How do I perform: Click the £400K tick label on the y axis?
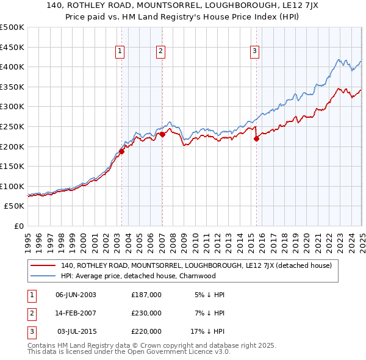click(12, 67)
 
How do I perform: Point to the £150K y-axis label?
click(12, 166)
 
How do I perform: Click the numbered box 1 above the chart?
click(120, 52)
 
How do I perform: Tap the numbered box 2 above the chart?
click(160, 52)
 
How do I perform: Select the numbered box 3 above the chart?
click(254, 52)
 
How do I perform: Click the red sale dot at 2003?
click(121, 151)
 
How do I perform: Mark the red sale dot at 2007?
click(162, 134)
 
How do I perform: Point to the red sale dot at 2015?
click(256, 139)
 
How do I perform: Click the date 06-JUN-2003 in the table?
click(76, 295)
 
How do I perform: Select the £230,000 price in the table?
click(146, 313)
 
